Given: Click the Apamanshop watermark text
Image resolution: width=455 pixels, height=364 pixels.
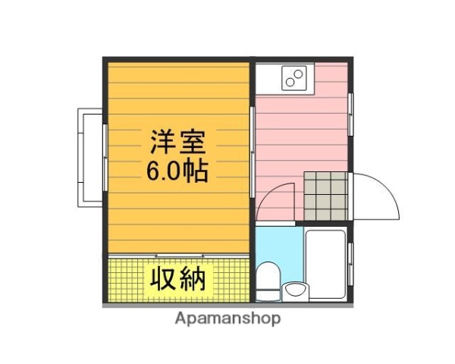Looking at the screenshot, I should point(227,318).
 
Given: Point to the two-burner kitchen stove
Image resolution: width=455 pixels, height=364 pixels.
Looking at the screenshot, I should point(294,77).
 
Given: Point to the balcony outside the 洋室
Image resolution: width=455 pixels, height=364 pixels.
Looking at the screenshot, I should point(89,155).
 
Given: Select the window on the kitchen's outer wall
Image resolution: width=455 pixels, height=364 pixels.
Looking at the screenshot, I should point(351,114).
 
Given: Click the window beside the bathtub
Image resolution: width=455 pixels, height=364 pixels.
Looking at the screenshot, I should point(351,262).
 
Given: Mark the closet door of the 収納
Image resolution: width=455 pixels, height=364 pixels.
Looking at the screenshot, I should point(179,255).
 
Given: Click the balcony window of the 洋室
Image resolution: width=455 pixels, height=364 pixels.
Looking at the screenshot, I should point(105,155).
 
